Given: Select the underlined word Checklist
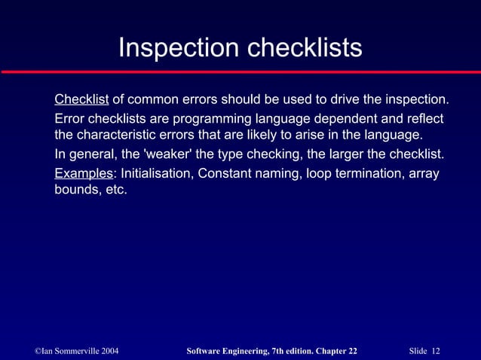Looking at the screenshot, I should pos(81,100).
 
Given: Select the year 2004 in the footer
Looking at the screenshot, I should pos(106,352).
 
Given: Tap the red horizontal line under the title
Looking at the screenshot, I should pos(240,72).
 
